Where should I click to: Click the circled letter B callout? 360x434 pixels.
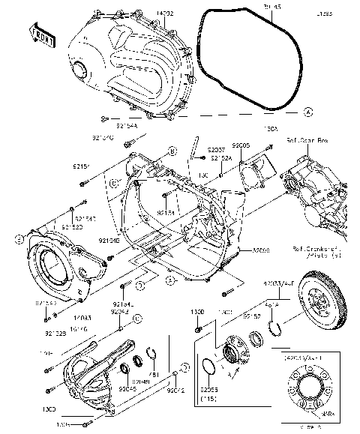pos(172,151)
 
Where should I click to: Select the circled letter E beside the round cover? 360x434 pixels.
pos(17,241)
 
